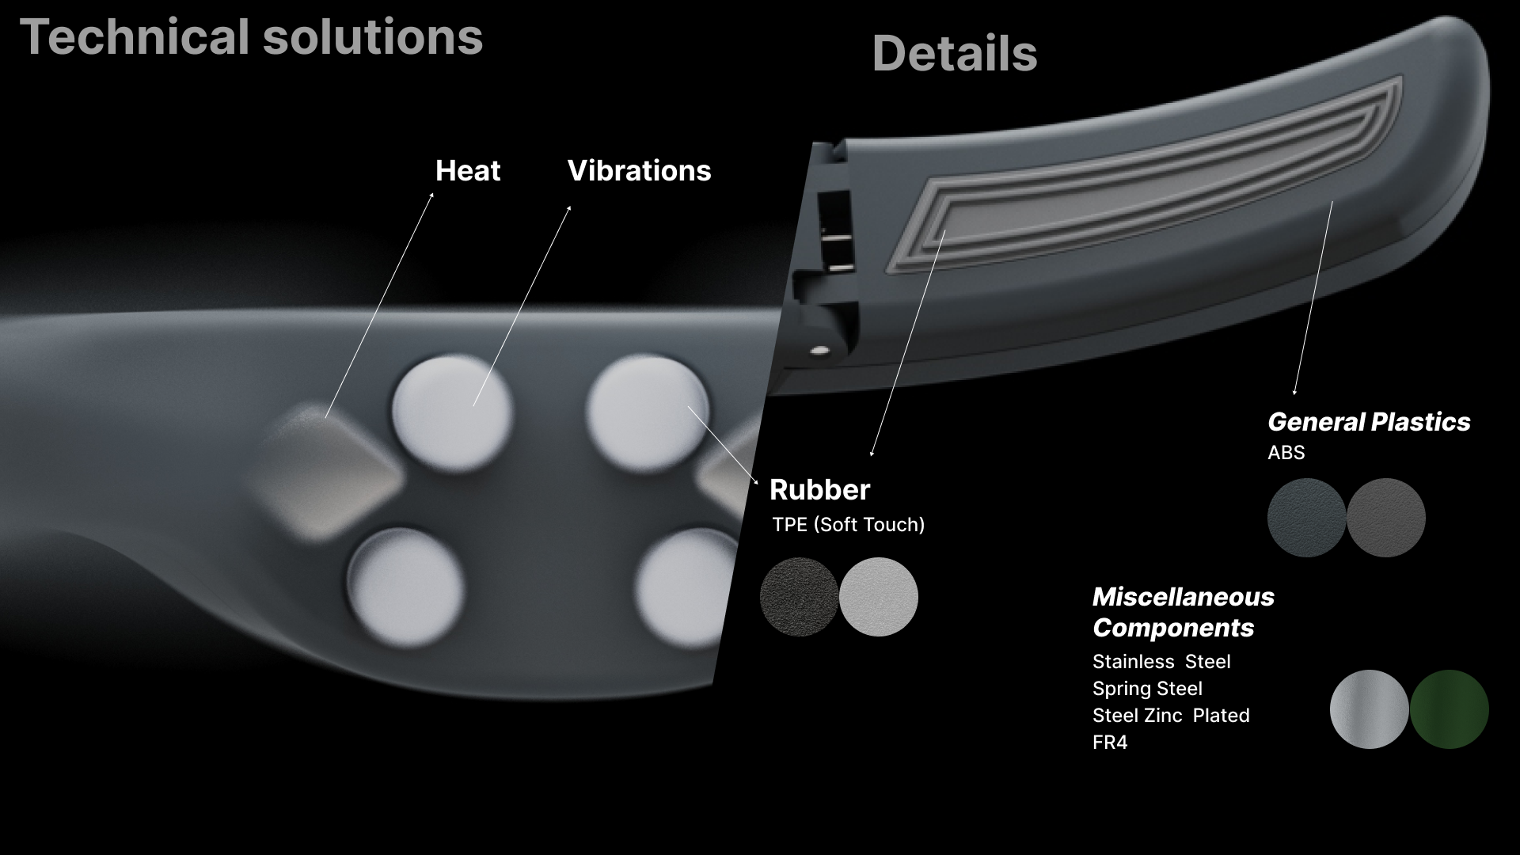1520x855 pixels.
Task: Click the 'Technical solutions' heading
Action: click(251, 37)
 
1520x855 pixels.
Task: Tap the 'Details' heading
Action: click(954, 54)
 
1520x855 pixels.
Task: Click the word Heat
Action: click(468, 171)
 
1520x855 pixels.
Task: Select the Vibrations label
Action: click(639, 171)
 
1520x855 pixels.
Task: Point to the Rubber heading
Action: click(819, 489)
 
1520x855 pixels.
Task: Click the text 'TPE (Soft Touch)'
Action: click(848, 524)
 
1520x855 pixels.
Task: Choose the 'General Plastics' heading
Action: click(1369, 422)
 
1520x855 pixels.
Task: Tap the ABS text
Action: click(1286, 452)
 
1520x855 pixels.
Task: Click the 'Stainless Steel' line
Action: click(1161, 661)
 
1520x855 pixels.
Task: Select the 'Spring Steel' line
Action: click(1147, 688)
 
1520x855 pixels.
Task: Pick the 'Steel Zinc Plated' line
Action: click(1171, 715)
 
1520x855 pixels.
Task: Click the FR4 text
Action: click(1110, 742)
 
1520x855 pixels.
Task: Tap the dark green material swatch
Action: click(1449, 709)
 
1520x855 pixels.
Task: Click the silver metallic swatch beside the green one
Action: click(1369, 709)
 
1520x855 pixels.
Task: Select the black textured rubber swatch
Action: click(799, 597)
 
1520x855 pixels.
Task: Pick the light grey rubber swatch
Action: click(879, 597)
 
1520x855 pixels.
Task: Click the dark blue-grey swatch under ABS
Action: click(1306, 518)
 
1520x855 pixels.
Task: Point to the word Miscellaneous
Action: click(1183, 596)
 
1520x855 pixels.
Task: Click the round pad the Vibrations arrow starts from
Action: click(452, 412)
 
